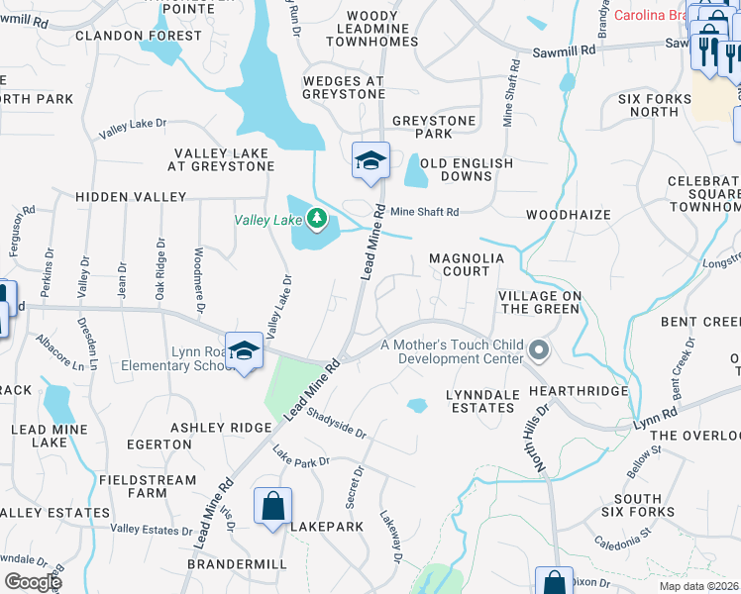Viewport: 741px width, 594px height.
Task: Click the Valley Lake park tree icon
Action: pos(316,218)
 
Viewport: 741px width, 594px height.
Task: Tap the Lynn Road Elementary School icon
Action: pos(244,351)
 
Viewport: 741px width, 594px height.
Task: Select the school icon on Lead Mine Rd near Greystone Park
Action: pos(370,161)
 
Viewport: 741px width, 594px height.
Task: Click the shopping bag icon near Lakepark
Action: pos(271,507)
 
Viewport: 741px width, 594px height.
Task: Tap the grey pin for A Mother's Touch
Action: pos(539,349)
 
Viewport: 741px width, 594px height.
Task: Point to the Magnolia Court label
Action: pos(460,264)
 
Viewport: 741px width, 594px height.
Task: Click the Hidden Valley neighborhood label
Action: pos(131,197)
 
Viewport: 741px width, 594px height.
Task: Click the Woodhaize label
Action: pos(568,214)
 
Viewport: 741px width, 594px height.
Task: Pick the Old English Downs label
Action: pos(467,169)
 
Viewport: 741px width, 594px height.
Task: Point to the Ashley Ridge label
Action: pos(220,427)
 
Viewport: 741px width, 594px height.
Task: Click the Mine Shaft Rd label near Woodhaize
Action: pos(424,212)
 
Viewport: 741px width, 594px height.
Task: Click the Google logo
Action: pos(33,582)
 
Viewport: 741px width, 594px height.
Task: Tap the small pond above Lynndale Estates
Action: pos(417,405)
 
